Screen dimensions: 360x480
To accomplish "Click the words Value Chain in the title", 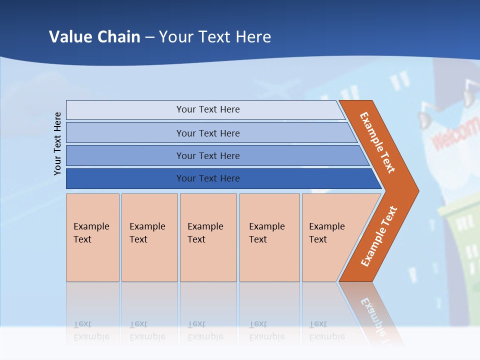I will pyautogui.click(x=94, y=37).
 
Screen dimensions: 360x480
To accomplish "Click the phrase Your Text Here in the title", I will pyautogui.click(x=215, y=37).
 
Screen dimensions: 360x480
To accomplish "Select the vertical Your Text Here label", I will pyautogui.click(x=57, y=143).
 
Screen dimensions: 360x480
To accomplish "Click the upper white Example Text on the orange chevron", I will pyautogui.click(x=377, y=142).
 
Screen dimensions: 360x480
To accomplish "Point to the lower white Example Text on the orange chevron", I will pyautogui.click(x=378, y=236).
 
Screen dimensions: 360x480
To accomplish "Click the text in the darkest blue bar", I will pyautogui.click(x=208, y=178).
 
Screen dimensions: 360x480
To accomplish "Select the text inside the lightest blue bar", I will pyautogui.click(x=208, y=109).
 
